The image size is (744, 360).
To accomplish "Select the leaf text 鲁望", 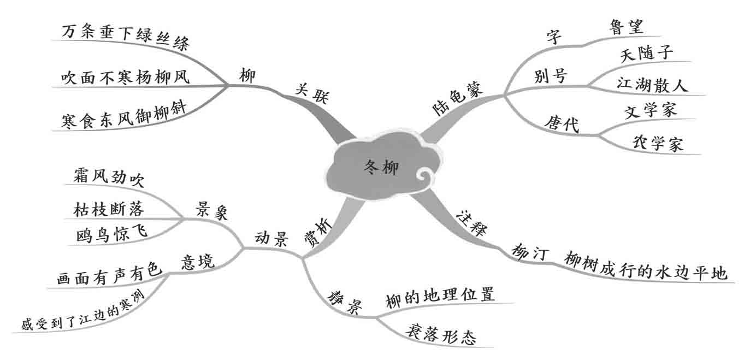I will point(626,27).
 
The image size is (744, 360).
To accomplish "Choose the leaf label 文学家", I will point(650,111).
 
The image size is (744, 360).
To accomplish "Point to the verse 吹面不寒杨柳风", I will point(125,77).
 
